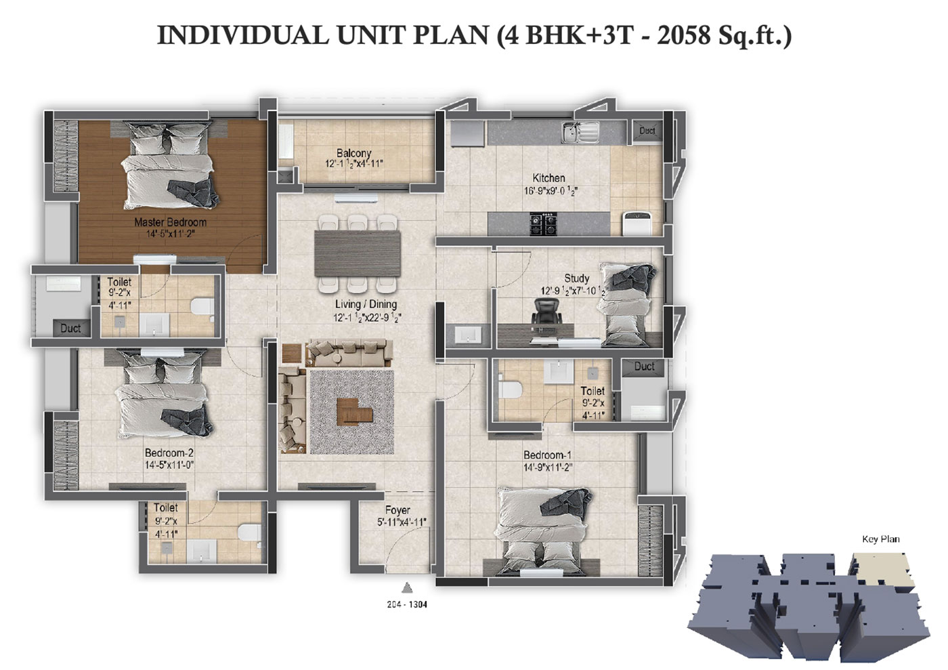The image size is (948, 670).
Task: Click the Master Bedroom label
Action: click(170, 222)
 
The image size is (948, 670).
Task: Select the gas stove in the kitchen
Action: click(543, 224)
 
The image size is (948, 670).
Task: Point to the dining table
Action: click(358, 253)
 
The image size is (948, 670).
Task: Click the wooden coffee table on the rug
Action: click(354, 411)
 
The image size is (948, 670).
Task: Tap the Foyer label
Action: click(397, 510)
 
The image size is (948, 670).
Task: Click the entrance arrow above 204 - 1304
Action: click(407, 587)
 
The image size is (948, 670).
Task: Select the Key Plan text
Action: click(881, 539)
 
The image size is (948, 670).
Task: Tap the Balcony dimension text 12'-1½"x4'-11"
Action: click(353, 163)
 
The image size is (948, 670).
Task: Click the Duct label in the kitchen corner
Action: click(647, 131)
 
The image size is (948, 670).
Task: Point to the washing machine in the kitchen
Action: click(637, 223)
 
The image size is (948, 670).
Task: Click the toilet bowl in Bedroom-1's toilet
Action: click(509, 389)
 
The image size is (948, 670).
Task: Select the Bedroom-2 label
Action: click(169, 453)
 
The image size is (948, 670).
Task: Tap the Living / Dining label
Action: click(366, 304)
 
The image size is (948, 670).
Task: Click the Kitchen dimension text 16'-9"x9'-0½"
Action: click(551, 190)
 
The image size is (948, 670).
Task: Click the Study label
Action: click(576, 278)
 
